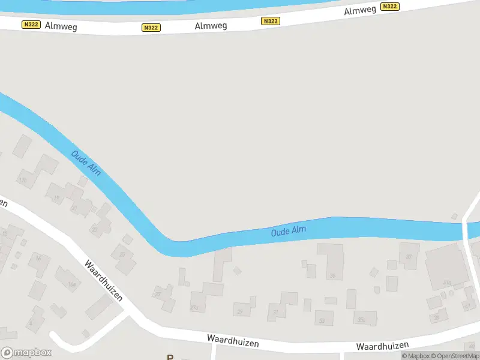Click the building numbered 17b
pos(23,179)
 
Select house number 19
pos(56,198)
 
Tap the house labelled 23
pos(94,229)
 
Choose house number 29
pos(241,311)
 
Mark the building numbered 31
pos(276,313)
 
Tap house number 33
pos(322,320)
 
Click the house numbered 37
pos(410,257)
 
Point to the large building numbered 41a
pos(446,282)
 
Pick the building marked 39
pos(437,316)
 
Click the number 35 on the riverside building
pos(332,276)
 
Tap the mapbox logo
pos(26,353)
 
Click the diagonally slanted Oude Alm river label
pos(86,163)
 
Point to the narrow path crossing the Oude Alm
pos(466,230)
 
